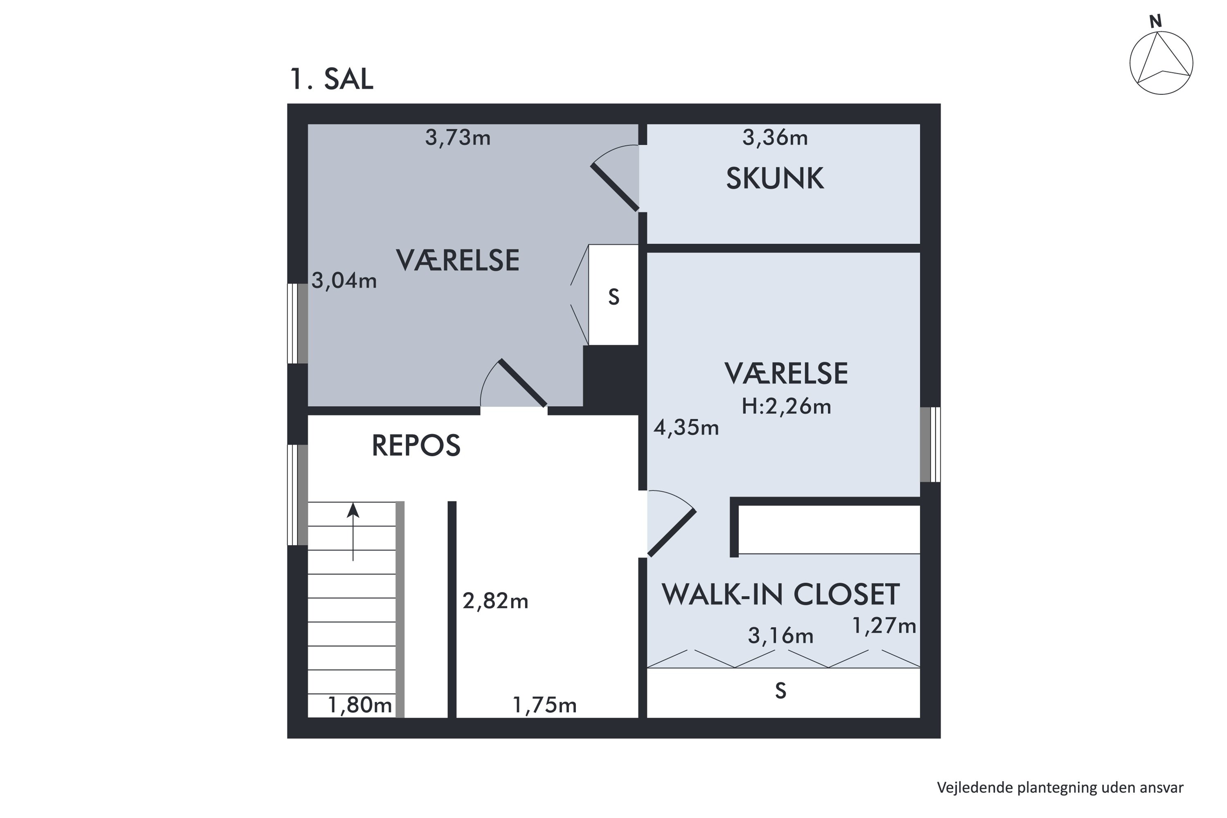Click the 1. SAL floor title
[x=331, y=79]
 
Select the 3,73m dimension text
[x=458, y=138]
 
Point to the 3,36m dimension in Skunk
[x=775, y=138]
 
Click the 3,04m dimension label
[x=344, y=281]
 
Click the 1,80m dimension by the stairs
[x=360, y=705]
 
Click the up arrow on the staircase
[x=353, y=531]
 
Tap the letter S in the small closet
[x=613, y=297]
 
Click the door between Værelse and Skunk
[x=616, y=187]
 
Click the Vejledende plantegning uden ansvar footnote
[x=1060, y=787]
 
